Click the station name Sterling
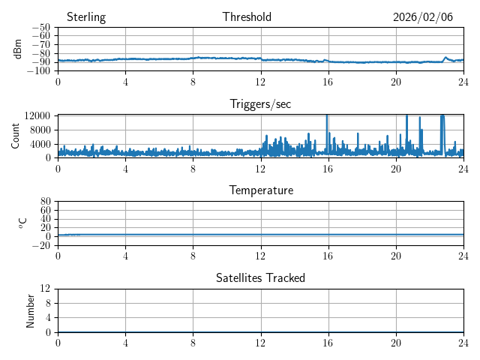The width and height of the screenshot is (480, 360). tap(86, 17)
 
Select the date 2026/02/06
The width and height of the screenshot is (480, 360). tap(423, 17)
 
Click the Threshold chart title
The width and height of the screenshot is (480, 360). tap(247, 17)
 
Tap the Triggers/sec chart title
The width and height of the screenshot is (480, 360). tap(260, 104)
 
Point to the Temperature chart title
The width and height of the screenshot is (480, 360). tap(260, 190)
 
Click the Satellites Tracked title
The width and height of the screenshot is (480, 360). tap(260, 277)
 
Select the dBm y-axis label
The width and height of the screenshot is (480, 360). tap(18, 49)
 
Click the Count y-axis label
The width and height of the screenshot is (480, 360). tap(16, 136)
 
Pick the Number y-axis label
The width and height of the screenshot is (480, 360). tap(31, 310)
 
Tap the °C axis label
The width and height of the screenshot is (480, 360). tap(22, 223)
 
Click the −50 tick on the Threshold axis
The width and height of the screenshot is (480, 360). tap(41, 28)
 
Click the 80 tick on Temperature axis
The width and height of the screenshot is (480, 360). tap(45, 202)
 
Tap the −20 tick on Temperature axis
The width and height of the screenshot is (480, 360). tap(41, 245)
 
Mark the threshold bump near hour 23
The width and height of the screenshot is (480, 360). tap(445, 57)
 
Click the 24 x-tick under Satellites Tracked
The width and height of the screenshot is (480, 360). tap(463, 343)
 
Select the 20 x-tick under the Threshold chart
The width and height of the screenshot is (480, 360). tap(396, 82)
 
